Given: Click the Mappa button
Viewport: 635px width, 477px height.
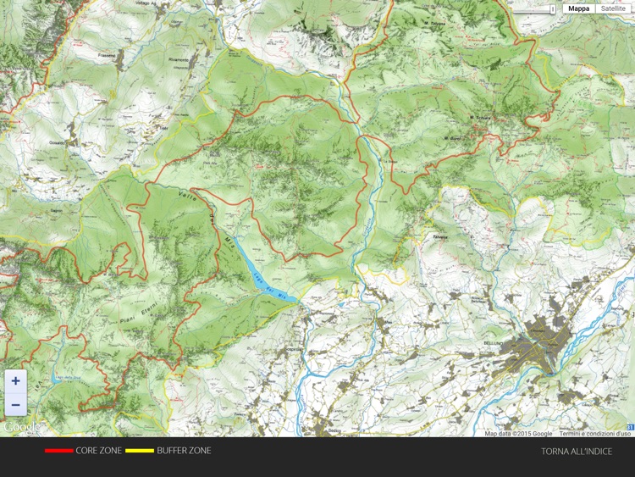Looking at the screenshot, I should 579,8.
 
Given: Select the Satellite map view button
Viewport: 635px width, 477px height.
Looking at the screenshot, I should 614,8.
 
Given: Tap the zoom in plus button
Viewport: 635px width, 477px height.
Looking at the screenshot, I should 15,381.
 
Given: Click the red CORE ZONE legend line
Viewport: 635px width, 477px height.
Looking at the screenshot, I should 58,451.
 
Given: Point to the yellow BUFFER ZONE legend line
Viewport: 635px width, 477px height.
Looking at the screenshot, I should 140,451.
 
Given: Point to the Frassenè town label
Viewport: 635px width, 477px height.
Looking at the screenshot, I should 107,53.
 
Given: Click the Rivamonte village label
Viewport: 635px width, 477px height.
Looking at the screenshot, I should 179,60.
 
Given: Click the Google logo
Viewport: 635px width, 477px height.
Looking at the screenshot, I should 20,427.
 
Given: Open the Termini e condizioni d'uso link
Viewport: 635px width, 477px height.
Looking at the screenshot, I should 595,434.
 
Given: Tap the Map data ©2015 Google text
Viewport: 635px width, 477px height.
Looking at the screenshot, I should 519,434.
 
